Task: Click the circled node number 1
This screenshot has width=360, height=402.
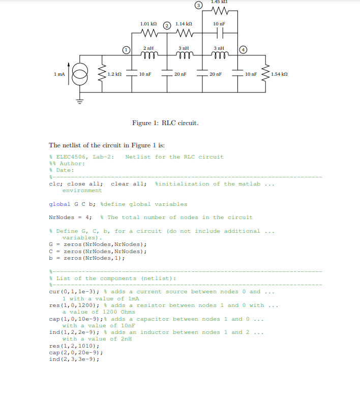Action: (x=126, y=50)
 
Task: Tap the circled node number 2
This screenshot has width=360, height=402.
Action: (x=167, y=25)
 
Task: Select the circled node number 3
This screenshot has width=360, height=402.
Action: (x=198, y=6)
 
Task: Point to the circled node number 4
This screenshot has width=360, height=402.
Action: (x=243, y=50)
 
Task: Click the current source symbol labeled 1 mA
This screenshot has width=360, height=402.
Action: (x=80, y=74)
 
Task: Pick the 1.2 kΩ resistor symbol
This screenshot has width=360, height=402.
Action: (x=102, y=74)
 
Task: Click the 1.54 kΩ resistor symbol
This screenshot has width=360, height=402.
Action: (x=265, y=74)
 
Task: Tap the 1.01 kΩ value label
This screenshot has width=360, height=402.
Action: (x=148, y=24)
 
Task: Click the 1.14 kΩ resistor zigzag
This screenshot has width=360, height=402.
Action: (x=185, y=33)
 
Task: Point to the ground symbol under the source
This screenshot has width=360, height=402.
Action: (x=80, y=101)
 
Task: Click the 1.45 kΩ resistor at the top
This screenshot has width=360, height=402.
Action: (x=220, y=11)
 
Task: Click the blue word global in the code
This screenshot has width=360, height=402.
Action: (x=59, y=204)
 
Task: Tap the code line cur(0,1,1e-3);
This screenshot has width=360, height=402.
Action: (x=74, y=292)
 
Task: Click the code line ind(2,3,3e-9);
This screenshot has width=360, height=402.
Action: (x=74, y=359)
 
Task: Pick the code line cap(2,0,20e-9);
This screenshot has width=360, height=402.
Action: (x=76, y=353)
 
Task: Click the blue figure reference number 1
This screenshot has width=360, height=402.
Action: (x=154, y=145)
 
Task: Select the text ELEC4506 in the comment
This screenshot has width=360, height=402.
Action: (x=72, y=157)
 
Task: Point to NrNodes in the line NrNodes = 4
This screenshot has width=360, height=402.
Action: (x=62, y=218)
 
